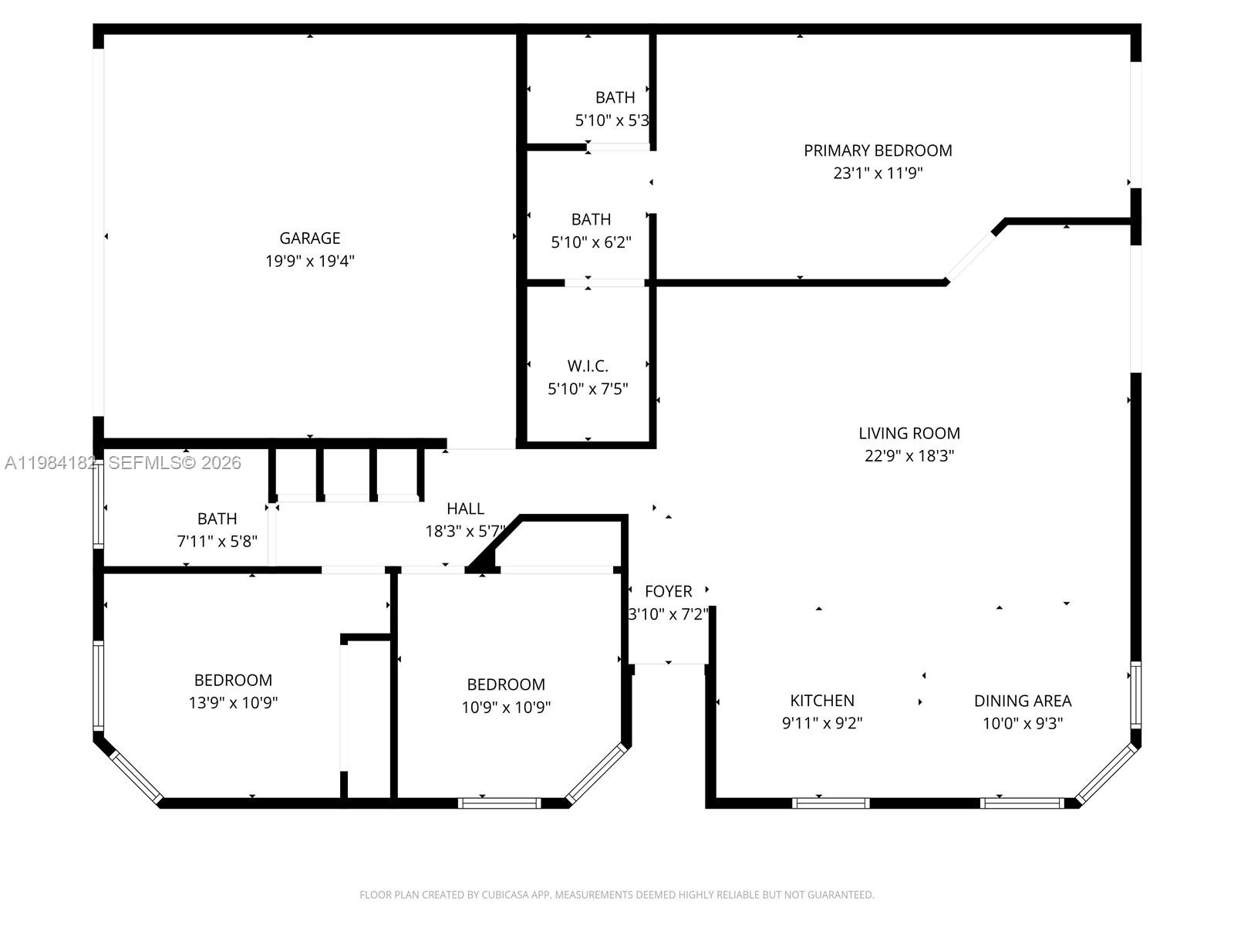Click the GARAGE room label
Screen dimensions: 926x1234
click(x=309, y=238)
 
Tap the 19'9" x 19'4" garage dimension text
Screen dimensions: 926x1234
click(x=309, y=261)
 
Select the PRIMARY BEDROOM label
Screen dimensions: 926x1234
click(x=878, y=150)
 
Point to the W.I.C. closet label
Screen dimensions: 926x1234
click(x=588, y=366)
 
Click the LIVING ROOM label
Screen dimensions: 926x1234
click(x=909, y=433)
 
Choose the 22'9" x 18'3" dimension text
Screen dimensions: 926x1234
click(x=909, y=455)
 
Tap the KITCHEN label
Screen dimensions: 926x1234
click(x=822, y=701)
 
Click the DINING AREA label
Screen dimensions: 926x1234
click(x=1023, y=701)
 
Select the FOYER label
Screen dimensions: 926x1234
click(x=668, y=591)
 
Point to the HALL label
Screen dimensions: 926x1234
click(x=465, y=509)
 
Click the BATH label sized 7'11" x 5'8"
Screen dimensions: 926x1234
click(x=217, y=519)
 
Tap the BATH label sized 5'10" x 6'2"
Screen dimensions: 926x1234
click(x=591, y=219)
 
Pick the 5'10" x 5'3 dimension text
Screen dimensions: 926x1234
click(x=612, y=120)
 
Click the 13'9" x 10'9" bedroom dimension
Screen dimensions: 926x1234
click(x=233, y=702)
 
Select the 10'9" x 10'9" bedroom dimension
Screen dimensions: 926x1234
click(x=506, y=707)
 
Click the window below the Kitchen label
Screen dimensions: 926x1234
click(x=831, y=803)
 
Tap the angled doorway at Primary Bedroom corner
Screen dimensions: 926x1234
click(x=971, y=255)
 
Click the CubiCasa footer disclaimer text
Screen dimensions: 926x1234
click(x=616, y=895)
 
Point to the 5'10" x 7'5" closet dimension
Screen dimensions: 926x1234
click(x=588, y=389)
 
